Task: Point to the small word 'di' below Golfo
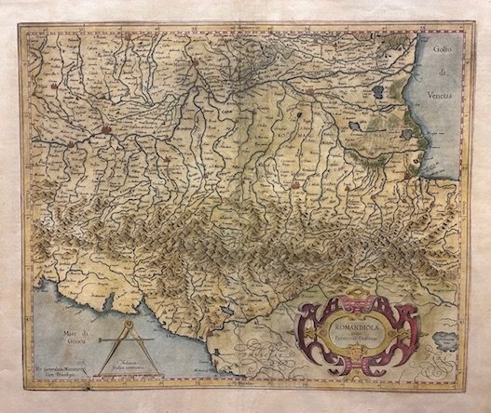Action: [x=446, y=80]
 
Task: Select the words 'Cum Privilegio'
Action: [x=64, y=365]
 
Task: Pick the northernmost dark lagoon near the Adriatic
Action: [x=381, y=93]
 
